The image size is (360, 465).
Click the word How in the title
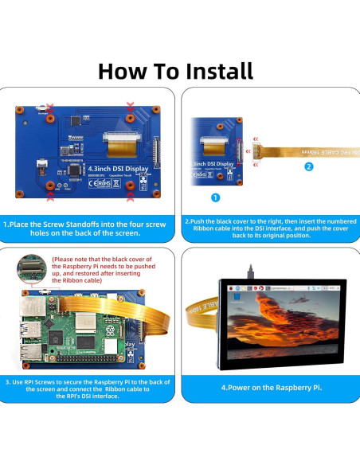(131, 70)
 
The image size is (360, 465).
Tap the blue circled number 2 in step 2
(308, 167)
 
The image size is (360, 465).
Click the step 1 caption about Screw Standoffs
(91, 229)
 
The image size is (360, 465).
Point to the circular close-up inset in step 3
(33, 268)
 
